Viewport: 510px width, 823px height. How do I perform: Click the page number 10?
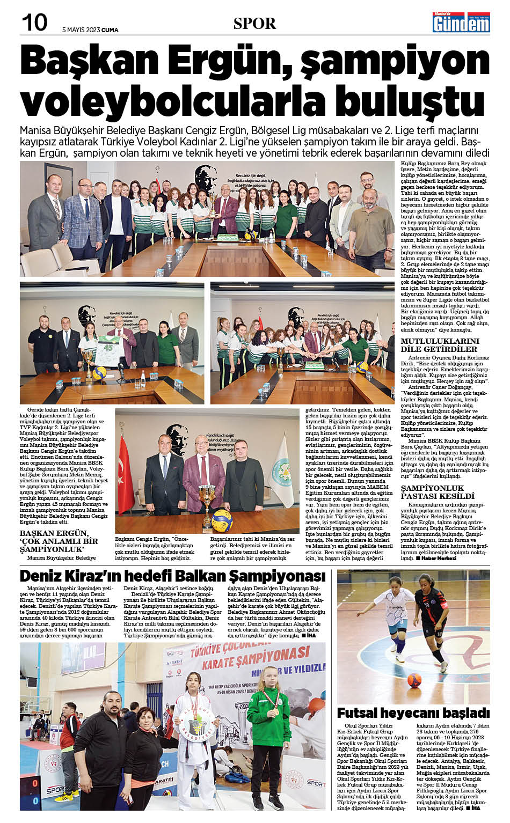click(34, 23)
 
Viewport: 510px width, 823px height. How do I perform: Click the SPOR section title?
click(254, 24)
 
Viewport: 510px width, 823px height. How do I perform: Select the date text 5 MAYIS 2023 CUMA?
click(90, 30)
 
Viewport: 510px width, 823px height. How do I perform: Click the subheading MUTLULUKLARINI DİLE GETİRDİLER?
click(440, 345)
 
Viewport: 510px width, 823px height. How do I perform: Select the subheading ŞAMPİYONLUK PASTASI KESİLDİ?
click(438, 492)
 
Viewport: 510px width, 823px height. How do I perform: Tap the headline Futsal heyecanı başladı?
click(413, 713)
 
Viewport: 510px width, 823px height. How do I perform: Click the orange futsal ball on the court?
click(414, 680)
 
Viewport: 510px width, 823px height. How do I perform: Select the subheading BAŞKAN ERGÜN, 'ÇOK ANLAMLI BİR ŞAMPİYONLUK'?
click(59, 541)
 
